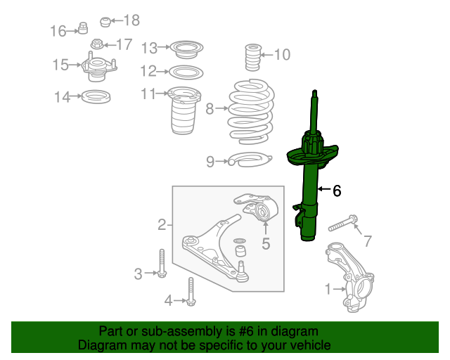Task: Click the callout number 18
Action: [x=131, y=20]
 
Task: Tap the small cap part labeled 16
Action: [x=83, y=28]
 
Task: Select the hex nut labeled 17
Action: [x=97, y=44]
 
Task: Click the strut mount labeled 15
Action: [x=99, y=67]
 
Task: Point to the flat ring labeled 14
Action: [x=96, y=96]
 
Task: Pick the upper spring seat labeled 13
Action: [x=186, y=49]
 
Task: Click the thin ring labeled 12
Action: [x=186, y=72]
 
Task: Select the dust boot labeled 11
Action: [x=184, y=110]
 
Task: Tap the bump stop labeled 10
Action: [x=253, y=57]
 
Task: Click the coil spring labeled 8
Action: [x=251, y=112]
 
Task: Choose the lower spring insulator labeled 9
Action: [x=249, y=159]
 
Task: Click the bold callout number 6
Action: [x=337, y=191]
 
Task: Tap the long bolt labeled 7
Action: [x=342, y=223]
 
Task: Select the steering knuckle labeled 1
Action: [x=350, y=278]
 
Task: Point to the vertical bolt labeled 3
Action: [x=162, y=263]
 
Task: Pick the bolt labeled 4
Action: [x=191, y=291]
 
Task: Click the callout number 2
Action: [x=162, y=225]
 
